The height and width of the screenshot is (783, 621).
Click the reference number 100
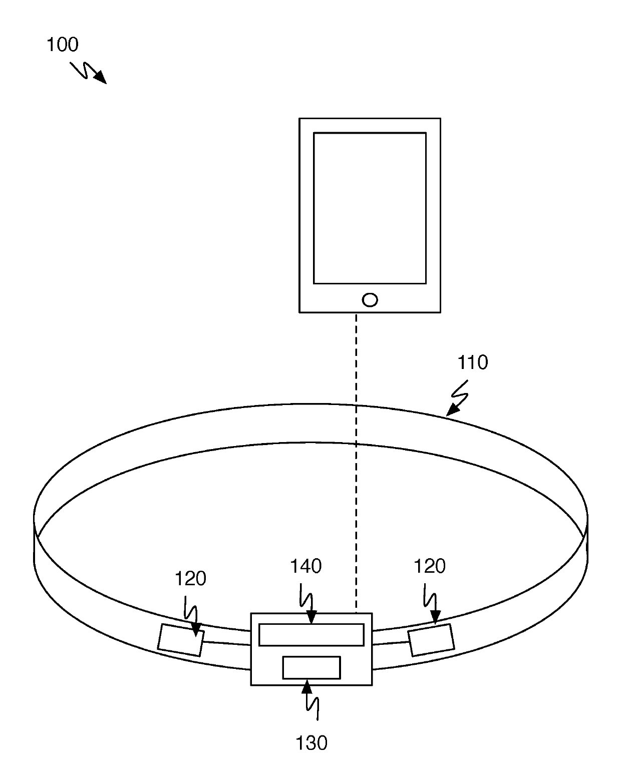coord(63,45)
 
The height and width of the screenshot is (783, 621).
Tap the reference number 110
coord(472,362)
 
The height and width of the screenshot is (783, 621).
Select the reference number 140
coord(305,566)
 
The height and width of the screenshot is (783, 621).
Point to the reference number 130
coord(311,743)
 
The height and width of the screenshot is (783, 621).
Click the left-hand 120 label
coord(190,579)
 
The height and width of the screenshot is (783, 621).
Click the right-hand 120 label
coord(430,566)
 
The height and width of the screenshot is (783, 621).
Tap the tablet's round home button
coord(370,300)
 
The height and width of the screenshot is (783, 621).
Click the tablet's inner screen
coord(370,208)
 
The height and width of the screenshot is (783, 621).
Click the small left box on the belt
coord(181,640)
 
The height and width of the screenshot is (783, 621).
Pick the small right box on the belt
coord(431,639)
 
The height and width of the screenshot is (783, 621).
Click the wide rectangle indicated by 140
coord(311,635)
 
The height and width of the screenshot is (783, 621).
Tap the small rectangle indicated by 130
coord(311,667)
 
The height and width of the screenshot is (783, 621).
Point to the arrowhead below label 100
coord(101,78)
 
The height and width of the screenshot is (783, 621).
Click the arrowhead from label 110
coord(451,411)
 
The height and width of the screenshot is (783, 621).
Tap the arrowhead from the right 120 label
coord(435,619)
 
